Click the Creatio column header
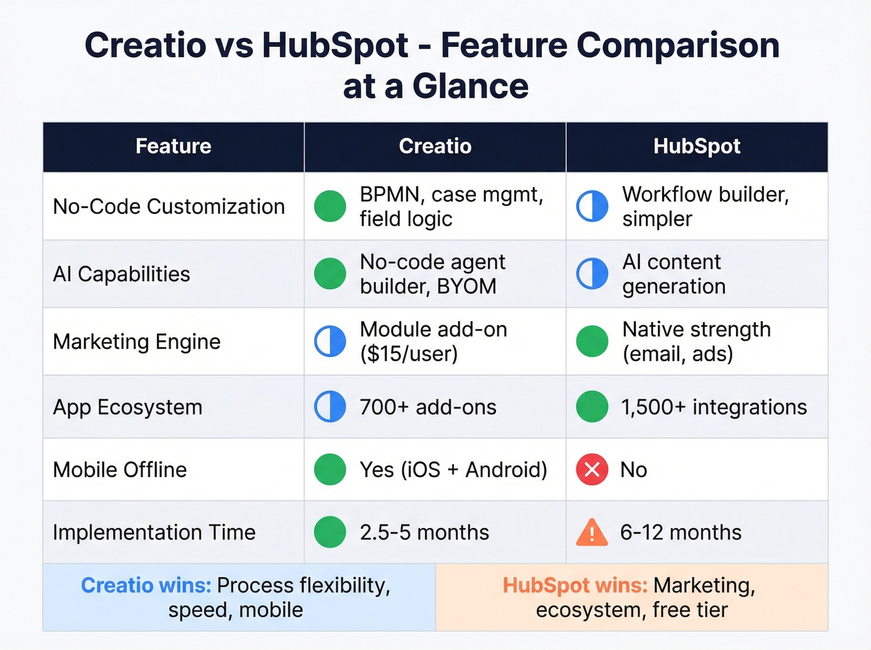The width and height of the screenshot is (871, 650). pos(435,146)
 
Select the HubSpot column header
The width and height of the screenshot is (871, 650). pos(697,146)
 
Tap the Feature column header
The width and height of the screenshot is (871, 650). pos(173,146)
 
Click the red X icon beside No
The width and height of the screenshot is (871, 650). pos(592,470)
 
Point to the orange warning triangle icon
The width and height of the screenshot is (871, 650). pos(592,532)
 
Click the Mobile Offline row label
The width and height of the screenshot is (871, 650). pos(120,470)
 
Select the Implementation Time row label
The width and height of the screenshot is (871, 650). pos(154,532)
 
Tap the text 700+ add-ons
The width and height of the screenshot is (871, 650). pos(428,407)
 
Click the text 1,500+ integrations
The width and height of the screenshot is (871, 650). pos(714,407)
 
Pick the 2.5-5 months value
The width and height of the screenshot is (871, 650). pos(424,532)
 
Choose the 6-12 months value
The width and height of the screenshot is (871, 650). pos(681,532)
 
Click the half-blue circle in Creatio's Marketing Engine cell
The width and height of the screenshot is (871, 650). pos(330,341)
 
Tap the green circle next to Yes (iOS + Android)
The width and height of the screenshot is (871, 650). pos(330,470)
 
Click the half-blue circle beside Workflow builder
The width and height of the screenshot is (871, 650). pos(592,207)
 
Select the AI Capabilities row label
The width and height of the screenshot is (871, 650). pos(121,274)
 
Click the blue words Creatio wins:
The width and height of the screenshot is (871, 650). pos(146,585)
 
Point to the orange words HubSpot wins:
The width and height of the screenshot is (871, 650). pos(575,585)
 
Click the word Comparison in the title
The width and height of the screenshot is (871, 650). pos(678,45)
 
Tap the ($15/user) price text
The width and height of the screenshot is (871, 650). pos(409,354)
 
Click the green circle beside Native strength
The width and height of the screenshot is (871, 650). pos(592,341)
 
